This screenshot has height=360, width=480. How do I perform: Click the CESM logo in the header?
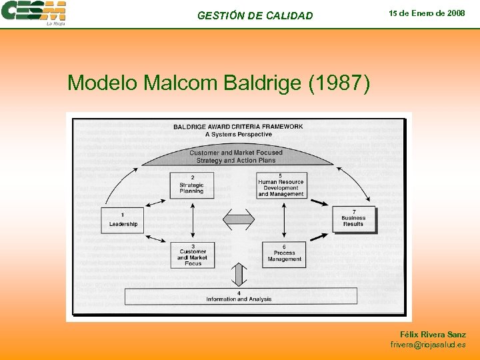34,13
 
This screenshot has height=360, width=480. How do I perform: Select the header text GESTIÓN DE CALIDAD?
255,15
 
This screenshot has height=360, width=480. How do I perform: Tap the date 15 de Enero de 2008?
427,13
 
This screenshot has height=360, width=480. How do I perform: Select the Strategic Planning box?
192,185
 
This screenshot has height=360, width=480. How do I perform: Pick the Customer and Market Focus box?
193,255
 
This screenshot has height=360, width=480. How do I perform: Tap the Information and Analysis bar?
239,296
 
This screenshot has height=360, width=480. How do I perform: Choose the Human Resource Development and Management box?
281,185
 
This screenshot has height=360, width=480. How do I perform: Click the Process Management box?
284,255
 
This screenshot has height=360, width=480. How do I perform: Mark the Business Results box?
353,219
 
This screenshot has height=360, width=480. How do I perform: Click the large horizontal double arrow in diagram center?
238,219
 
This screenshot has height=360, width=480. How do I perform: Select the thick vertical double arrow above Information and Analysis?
238,274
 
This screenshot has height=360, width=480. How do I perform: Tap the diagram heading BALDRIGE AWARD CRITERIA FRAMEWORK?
238,127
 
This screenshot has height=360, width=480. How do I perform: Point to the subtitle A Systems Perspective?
238,134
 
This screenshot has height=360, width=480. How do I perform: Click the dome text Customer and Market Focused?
236,153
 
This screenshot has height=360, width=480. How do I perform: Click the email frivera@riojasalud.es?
428,345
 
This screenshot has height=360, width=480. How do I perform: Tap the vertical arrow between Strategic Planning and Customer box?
193,220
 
